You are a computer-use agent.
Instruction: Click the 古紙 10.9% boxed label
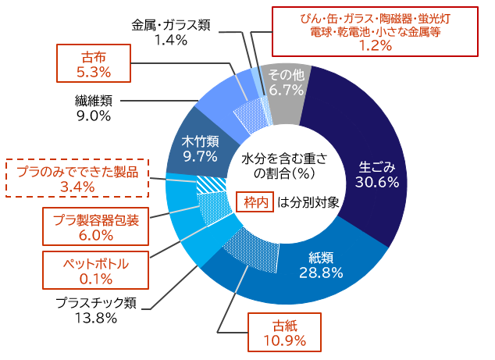point(284,333)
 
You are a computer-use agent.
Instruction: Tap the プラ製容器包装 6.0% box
point(95,227)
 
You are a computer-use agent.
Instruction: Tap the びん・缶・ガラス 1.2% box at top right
point(374,31)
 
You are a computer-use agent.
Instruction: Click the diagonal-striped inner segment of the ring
point(209,185)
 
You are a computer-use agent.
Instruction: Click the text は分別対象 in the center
point(308,202)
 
